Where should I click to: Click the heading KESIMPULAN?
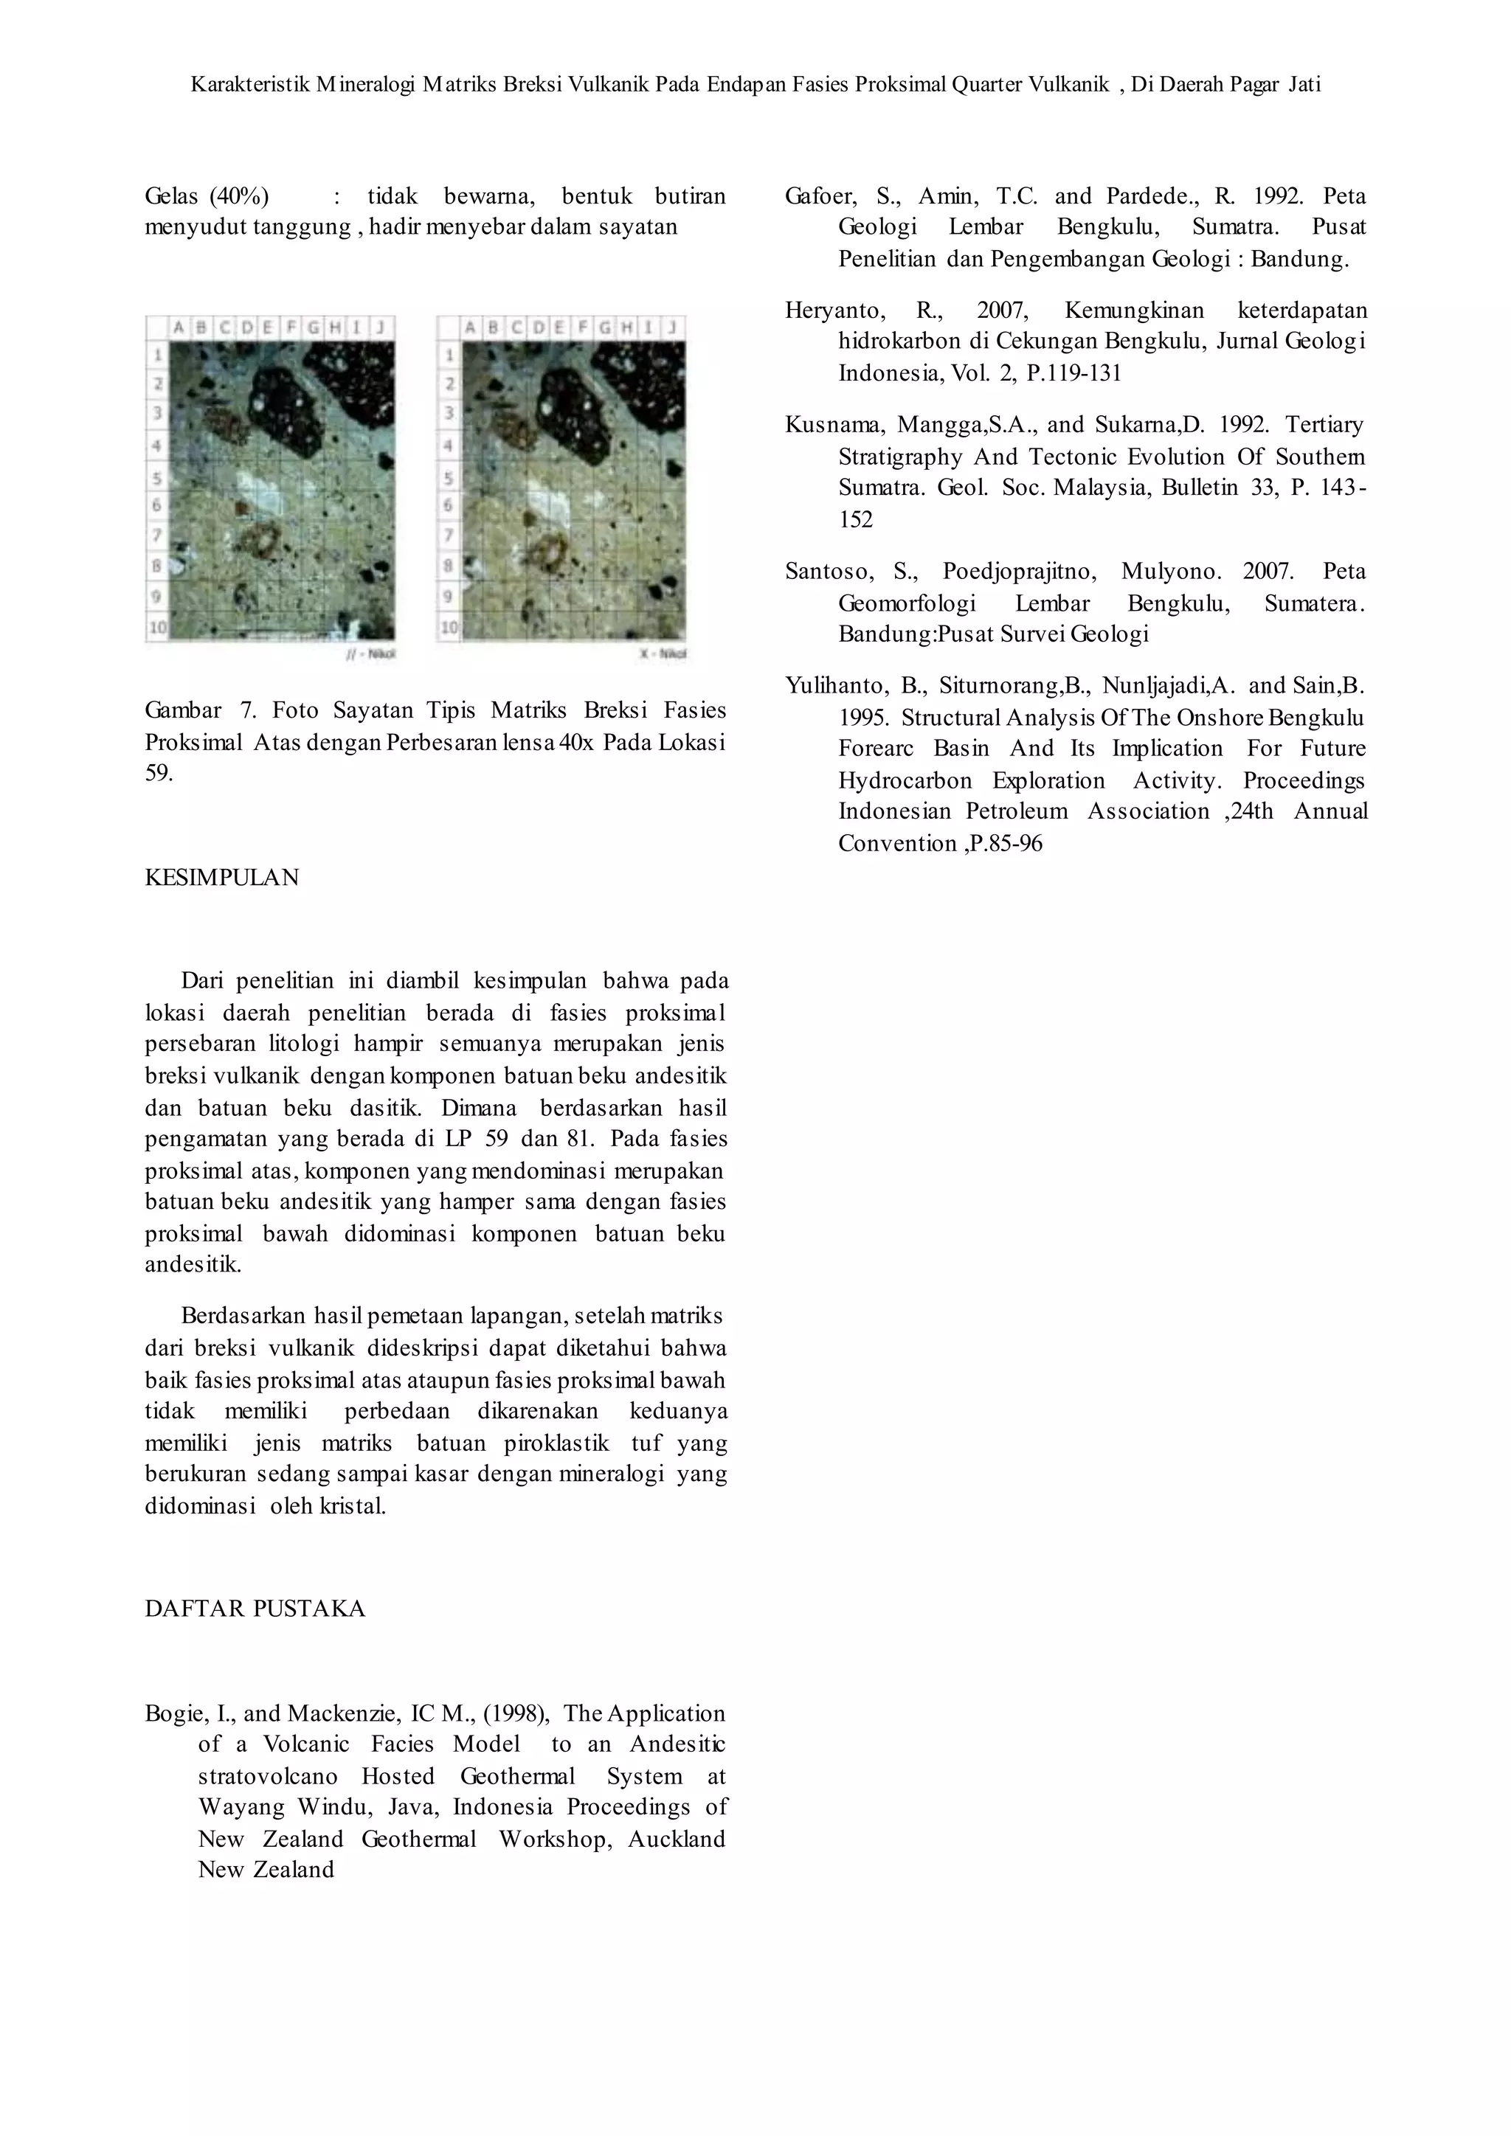point(221,877)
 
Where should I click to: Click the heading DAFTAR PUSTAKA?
point(255,1609)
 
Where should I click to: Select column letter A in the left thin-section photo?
point(179,327)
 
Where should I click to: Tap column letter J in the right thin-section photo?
point(672,327)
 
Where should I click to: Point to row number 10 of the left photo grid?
point(157,627)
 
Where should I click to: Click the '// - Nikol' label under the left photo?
point(370,654)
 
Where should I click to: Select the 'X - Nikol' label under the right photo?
point(663,654)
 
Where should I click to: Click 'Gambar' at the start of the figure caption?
point(183,711)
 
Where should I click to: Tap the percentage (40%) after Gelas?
point(239,196)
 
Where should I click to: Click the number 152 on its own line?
point(855,519)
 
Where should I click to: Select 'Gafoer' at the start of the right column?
point(820,196)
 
